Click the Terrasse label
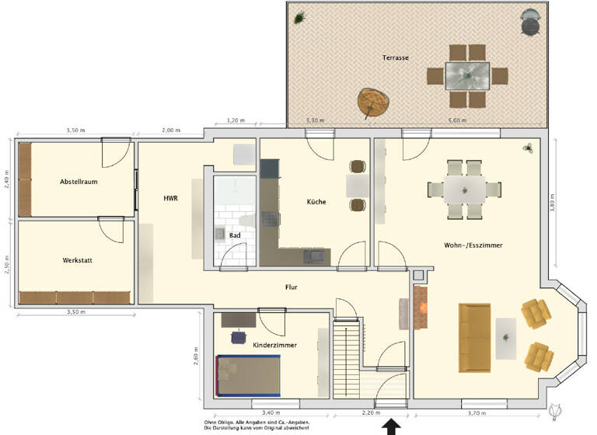click(x=396, y=58)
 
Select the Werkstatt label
click(x=76, y=260)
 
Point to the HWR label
click(x=170, y=199)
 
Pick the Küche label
click(x=316, y=202)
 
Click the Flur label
click(x=292, y=287)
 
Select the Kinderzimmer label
click(x=274, y=344)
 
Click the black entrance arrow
click(x=392, y=426)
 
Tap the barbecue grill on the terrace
click(x=531, y=21)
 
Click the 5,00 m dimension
click(x=458, y=120)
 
